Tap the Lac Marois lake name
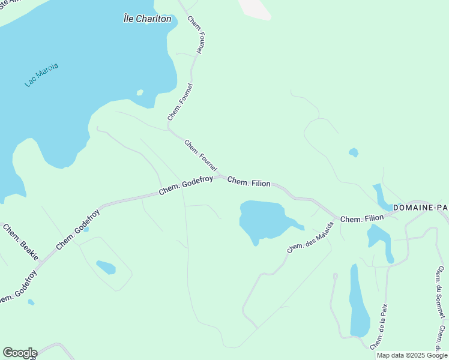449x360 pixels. click(x=42, y=75)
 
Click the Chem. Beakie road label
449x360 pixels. click(x=21, y=242)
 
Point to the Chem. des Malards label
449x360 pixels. click(x=310, y=238)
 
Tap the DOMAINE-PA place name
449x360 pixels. click(x=420, y=208)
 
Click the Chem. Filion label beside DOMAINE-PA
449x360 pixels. click(x=362, y=219)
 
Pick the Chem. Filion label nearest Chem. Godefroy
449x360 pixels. click(x=249, y=182)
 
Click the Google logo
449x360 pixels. click(x=19, y=352)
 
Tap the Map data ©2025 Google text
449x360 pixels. click(x=412, y=355)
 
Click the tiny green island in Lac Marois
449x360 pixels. click(x=140, y=92)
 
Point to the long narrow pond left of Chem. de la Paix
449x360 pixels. click(x=359, y=303)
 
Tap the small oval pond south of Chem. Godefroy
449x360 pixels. click(x=106, y=267)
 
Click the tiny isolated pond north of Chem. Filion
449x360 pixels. click(x=354, y=152)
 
